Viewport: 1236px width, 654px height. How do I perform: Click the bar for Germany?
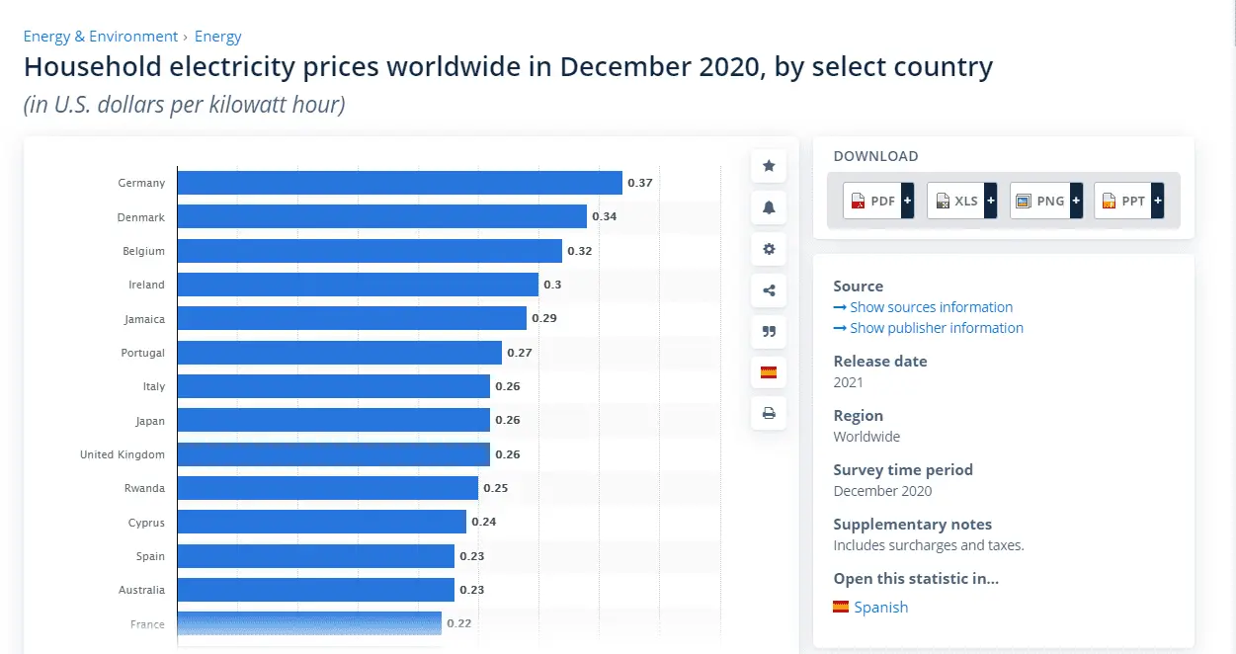point(399,183)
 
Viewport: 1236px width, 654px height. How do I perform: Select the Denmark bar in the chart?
point(381,216)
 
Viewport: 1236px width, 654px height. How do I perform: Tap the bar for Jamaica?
point(352,318)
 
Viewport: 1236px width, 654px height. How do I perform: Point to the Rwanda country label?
point(144,488)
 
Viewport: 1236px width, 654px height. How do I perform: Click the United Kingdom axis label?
point(123,454)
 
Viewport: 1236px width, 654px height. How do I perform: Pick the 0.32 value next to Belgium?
point(579,251)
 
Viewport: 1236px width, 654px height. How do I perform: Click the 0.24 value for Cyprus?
point(484,522)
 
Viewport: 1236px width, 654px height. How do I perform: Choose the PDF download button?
point(878,201)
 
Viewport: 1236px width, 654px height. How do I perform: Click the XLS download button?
point(961,201)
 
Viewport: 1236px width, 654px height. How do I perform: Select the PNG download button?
point(1045,201)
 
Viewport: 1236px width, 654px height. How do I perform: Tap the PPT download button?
point(1128,201)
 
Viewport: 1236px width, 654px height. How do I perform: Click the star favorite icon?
point(769,166)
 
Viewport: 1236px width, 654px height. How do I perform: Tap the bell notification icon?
point(769,207)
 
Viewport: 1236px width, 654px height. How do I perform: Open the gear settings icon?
point(769,249)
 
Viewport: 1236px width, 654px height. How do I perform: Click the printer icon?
point(769,413)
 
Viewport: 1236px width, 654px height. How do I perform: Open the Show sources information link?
point(931,307)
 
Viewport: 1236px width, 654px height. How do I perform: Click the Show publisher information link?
point(936,328)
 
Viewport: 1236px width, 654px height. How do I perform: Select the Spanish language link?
point(880,607)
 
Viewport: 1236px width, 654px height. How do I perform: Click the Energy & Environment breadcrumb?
point(101,37)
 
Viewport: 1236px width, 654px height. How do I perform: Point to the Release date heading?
point(880,362)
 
